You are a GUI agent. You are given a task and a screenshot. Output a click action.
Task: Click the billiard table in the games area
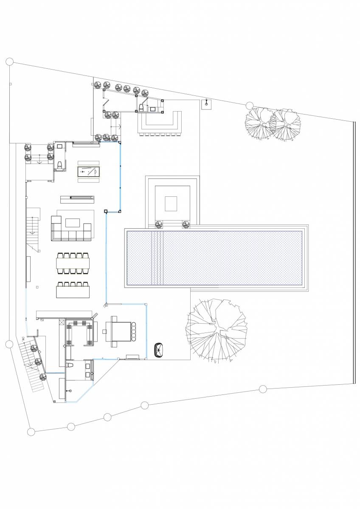[x=88, y=171]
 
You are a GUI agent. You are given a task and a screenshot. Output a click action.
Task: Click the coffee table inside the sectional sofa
[x=73, y=223]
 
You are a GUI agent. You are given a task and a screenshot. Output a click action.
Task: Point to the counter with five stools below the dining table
[x=73, y=291]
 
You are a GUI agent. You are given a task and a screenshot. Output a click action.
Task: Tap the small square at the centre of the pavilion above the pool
[x=171, y=203]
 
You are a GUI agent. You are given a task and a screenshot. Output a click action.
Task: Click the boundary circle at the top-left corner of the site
[x=9, y=62]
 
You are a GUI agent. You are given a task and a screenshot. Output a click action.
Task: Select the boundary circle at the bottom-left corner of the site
[x=31, y=432]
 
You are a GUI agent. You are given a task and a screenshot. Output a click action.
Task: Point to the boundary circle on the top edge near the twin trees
[x=249, y=106]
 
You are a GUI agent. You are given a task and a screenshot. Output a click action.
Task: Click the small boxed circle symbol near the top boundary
[x=207, y=103]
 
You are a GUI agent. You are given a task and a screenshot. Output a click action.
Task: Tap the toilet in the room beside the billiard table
[x=60, y=165]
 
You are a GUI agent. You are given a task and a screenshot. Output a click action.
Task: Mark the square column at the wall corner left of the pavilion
[x=106, y=211]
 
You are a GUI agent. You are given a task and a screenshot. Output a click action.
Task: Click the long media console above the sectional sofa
[x=77, y=197]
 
